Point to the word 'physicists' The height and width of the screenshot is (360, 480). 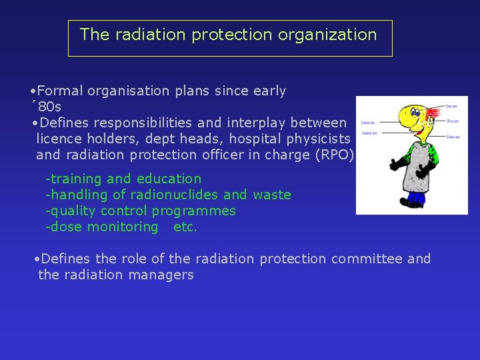[317, 139]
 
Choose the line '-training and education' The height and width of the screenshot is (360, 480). [123, 179]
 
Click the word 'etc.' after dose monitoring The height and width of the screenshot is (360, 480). [185, 227]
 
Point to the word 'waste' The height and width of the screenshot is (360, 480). [271, 195]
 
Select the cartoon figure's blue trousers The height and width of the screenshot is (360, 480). [416, 197]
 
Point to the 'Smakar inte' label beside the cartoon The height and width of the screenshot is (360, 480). [368, 133]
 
